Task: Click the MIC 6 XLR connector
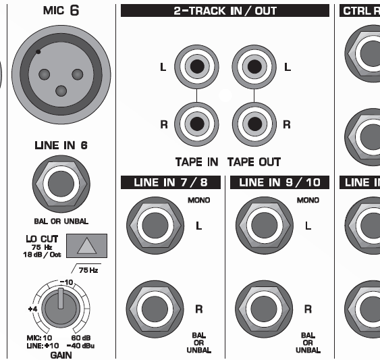click(61, 74)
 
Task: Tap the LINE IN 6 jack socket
click(61, 184)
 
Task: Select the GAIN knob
click(61, 308)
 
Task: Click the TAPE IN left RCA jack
click(196, 67)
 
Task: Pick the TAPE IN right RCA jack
click(196, 124)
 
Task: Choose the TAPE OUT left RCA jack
click(254, 67)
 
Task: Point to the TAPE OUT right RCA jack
click(254, 124)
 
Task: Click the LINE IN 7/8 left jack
click(155, 226)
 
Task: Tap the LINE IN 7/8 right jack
click(155, 309)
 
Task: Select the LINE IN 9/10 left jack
click(265, 226)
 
